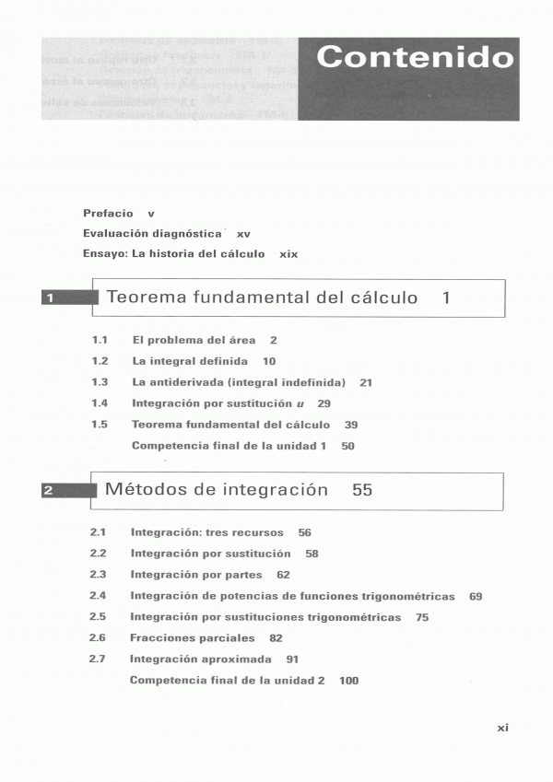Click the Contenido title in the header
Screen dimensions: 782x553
pyautogui.click(x=414, y=57)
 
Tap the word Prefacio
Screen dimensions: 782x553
pyautogui.click(x=108, y=214)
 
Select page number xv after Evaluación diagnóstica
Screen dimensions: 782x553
pyautogui.click(x=243, y=234)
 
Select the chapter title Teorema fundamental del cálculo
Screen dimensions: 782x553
pyautogui.click(x=262, y=298)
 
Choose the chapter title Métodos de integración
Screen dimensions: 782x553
pyautogui.click(x=217, y=490)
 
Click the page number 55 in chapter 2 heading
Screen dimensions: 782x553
pyautogui.click(x=362, y=490)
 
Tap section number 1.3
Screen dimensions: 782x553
pyautogui.click(x=100, y=382)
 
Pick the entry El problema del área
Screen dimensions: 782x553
pyautogui.click(x=194, y=340)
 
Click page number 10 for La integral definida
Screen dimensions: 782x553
pyautogui.click(x=268, y=361)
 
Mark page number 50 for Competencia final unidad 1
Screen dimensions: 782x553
pyautogui.click(x=347, y=446)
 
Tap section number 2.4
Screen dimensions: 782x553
pyautogui.click(x=98, y=596)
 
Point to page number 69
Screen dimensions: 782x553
pyautogui.click(x=476, y=597)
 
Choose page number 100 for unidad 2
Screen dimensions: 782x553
pyautogui.click(x=348, y=681)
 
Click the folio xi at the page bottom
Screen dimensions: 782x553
pyautogui.click(x=502, y=728)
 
